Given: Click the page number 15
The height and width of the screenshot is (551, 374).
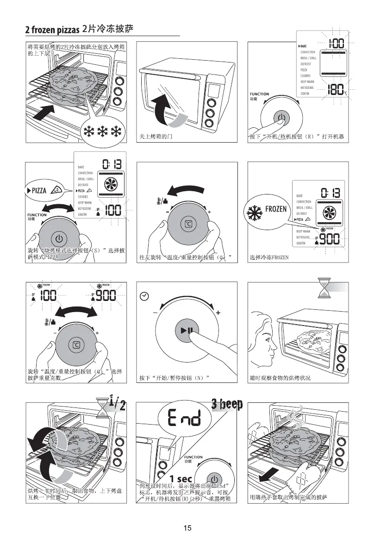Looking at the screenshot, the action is click(x=187, y=528).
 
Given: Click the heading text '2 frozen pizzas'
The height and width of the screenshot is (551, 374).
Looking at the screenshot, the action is click(x=53, y=30).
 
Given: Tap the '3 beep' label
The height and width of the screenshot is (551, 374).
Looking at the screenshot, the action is click(x=227, y=404).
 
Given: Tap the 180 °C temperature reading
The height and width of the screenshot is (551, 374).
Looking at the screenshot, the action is click(x=335, y=90).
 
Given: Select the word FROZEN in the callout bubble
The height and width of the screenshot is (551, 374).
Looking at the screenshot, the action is click(x=276, y=209).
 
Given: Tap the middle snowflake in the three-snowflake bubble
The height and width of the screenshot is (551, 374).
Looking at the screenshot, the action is click(x=102, y=131).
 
